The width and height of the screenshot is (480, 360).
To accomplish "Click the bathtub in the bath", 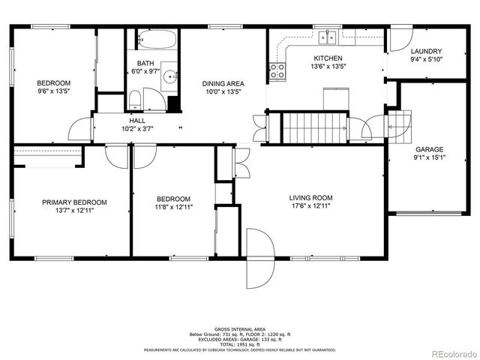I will [x=156, y=39].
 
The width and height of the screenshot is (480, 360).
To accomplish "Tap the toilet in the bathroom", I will [x=134, y=100].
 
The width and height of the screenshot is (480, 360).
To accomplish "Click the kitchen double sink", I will [x=328, y=35].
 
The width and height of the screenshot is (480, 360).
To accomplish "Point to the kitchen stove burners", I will [x=277, y=71].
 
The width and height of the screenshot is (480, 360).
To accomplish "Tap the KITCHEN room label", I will [x=328, y=58].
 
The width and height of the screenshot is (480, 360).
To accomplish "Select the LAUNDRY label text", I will [x=425, y=51].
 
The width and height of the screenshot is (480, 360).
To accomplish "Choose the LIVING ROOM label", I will [x=310, y=198].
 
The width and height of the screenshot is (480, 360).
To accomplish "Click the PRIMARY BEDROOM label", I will [x=73, y=202].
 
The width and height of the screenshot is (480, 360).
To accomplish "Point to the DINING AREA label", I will [x=223, y=84].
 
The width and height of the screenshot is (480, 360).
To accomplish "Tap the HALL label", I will [x=137, y=120].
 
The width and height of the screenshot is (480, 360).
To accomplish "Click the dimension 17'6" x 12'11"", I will [x=310, y=206].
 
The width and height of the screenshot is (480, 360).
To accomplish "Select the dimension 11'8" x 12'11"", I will [x=172, y=207].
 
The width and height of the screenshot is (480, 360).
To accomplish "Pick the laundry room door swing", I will [x=398, y=40].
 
